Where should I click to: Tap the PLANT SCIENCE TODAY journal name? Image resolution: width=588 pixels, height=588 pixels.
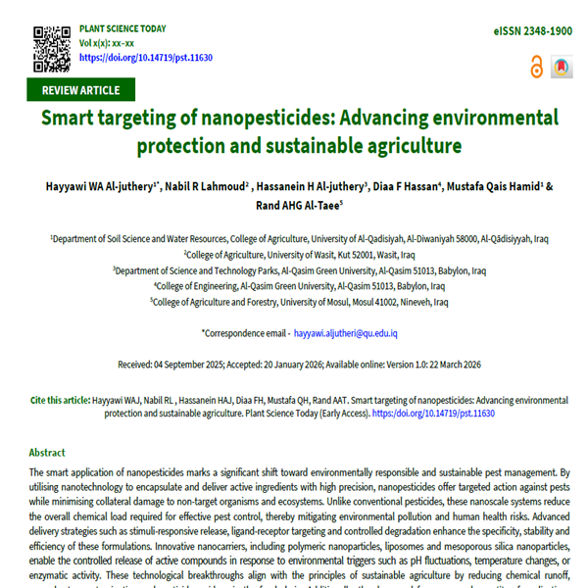coord(122,29)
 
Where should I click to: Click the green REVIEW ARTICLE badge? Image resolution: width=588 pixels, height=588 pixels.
coord(80,90)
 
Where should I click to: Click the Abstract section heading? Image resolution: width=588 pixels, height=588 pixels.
coord(47,453)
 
